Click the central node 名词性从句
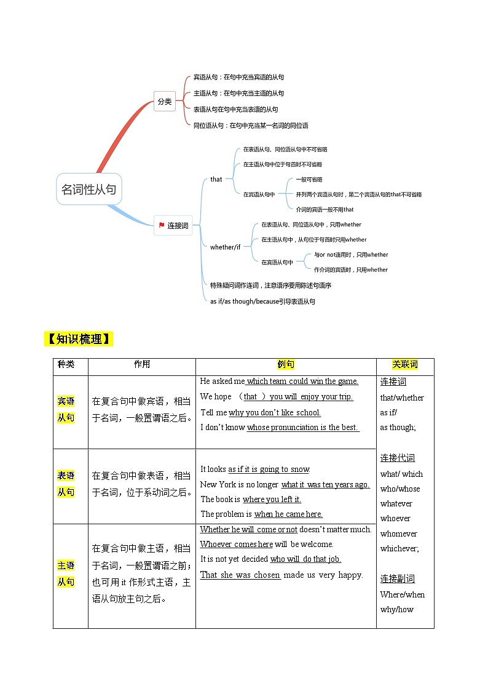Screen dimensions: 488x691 (x=89, y=190)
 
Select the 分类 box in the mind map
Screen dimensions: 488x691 (x=164, y=102)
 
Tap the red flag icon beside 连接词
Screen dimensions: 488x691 (x=161, y=226)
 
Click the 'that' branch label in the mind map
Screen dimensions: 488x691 (x=216, y=179)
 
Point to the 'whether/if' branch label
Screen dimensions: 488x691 (x=226, y=247)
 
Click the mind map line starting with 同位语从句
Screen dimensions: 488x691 (x=251, y=126)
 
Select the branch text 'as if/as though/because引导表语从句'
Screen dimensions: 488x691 (x=262, y=302)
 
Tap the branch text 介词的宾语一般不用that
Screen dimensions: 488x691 (x=325, y=209)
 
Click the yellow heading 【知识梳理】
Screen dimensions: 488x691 (x=78, y=339)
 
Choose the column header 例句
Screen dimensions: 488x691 (x=286, y=364)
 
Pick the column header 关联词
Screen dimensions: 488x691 (x=405, y=364)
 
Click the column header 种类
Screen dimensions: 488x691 (x=66, y=364)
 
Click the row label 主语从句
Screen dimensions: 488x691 (x=66, y=573)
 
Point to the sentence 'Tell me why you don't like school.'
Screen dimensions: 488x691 (x=261, y=412)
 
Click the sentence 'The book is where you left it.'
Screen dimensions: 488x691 (x=251, y=499)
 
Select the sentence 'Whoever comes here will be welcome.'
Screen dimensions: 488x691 (x=267, y=544)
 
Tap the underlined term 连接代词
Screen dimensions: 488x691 (x=398, y=458)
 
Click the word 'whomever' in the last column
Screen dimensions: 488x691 (x=398, y=533)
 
